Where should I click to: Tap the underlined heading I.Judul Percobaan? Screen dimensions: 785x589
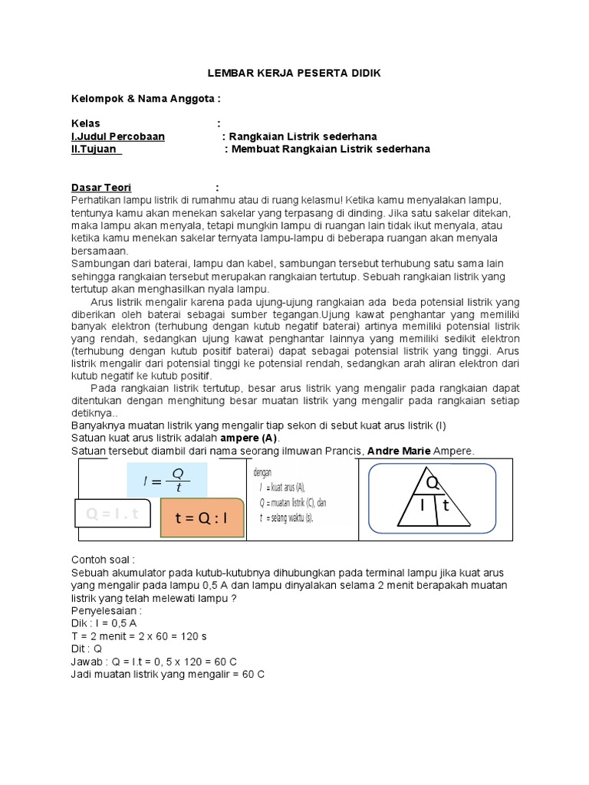(x=118, y=136)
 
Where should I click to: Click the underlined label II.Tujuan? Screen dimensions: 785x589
(x=97, y=149)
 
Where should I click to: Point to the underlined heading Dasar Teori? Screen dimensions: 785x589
(x=101, y=188)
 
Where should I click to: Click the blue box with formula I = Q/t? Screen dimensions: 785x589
(x=164, y=481)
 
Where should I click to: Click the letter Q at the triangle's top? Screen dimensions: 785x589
(x=433, y=481)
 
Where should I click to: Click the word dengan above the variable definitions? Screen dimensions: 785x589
(x=263, y=472)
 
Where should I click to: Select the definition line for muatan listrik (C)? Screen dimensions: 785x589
(x=294, y=503)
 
